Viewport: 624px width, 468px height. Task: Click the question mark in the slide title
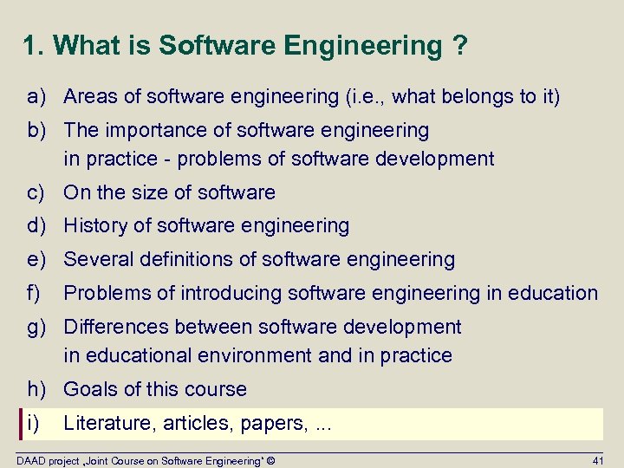[458, 45]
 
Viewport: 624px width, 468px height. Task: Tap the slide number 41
[597, 460]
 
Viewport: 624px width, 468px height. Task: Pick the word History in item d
[96, 226]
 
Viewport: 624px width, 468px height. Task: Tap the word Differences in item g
[115, 327]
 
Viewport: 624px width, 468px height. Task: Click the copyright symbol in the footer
[271, 460]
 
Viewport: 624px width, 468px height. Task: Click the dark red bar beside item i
[21, 423]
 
